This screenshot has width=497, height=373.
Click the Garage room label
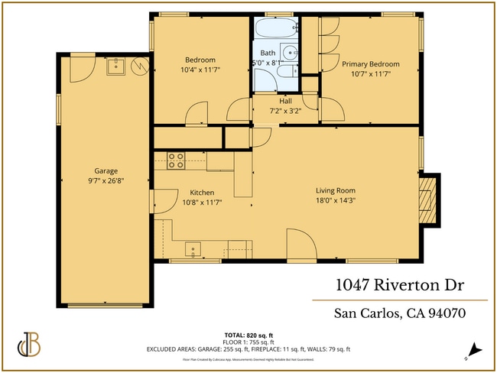click(x=106, y=171)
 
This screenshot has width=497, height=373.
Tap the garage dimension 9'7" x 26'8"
click(x=106, y=182)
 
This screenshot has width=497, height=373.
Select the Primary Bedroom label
click(x=370, y=64)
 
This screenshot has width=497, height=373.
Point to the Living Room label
click(x=336, y=190)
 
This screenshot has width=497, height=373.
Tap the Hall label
click(x=285, y=100)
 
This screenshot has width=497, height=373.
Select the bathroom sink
click(x=289, y=53)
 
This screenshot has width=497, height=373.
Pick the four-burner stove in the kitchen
click(x=176, y=161)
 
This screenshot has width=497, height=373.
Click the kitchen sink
click(x=194, y=248)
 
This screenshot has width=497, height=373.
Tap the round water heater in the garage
click(x=139, y=66)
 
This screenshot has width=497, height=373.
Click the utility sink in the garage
click(x=117, y=66)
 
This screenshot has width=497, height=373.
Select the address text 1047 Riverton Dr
click(x=401, y=285)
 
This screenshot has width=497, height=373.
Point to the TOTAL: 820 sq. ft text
click(x=248, y=336)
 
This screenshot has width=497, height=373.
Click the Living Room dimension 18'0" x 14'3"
click(x=336, y=200)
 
